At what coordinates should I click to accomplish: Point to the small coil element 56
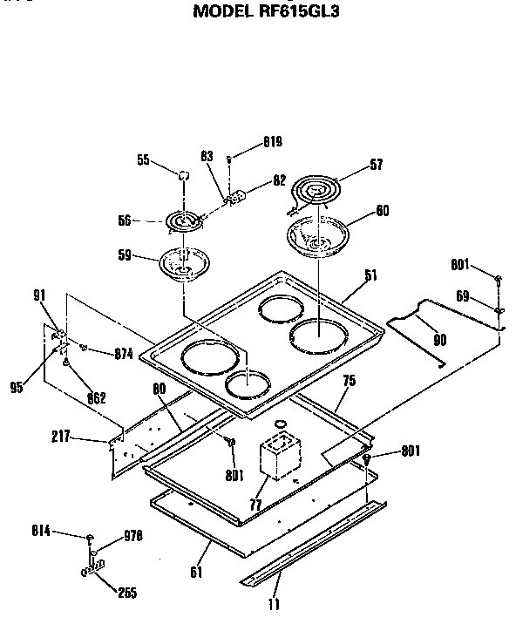pyautogui.click(x=184, y=222)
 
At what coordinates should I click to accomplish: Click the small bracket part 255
pyautogui.click(x=93, y=569)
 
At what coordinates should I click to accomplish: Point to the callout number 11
pyautogui.click(x=275, y=602)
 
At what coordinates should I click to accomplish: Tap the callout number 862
pyautogui.click(x=96, y=397)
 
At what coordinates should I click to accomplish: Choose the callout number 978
pyautogui.click(x=132, y=535)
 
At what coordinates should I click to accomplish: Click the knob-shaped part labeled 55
pyautogui.click(x=184, y=174)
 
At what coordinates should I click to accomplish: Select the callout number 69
pyautogui.click(x=465, y=297)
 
